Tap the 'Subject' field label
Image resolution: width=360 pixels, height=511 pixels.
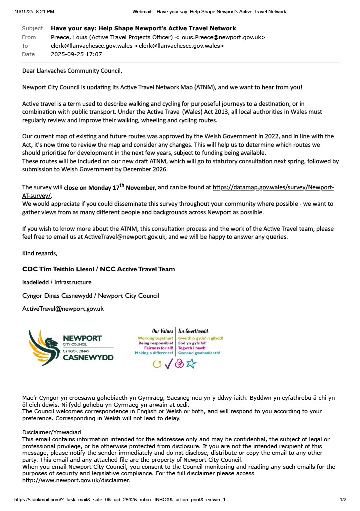(32, 28)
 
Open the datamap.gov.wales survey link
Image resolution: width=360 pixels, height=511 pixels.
(273, 188)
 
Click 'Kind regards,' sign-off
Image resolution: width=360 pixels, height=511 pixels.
(40, 253)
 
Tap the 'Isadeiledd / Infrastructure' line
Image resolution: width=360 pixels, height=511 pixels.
(57, 282)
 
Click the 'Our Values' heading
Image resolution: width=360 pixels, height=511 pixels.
(163, 331)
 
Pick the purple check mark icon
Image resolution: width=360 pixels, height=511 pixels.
(168, 364)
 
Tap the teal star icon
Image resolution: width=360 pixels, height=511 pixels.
(191, 364)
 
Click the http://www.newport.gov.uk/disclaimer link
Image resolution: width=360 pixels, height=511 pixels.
(76, 480)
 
